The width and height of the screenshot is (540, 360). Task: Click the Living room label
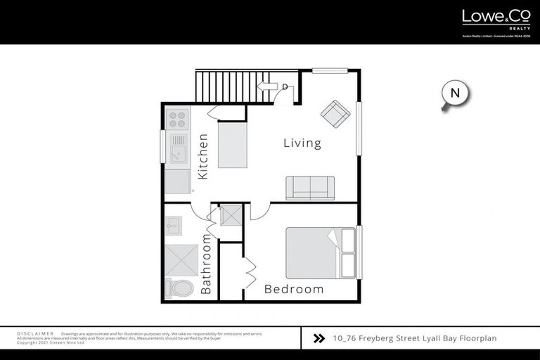pos(302,143)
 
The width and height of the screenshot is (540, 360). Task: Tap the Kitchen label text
pos(202,156)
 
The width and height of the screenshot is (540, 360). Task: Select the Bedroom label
pos(294,289)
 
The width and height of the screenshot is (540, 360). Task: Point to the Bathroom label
pos(206,264)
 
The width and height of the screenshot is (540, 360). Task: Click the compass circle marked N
pos(455,93)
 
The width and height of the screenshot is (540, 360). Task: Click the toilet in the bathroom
pos(179,288)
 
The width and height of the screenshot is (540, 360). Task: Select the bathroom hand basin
pos(174,226)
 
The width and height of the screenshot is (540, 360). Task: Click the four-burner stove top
pos(177,118)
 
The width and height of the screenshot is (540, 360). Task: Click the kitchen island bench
pos(233,144)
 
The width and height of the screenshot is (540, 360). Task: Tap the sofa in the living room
pos(310,188)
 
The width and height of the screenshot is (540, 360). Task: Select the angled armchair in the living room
pos(335,113)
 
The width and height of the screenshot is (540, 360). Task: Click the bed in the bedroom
pos(320,252)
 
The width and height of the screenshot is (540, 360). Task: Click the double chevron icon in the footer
pos(319,338)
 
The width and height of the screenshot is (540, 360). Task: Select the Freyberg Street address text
pos(415,338)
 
